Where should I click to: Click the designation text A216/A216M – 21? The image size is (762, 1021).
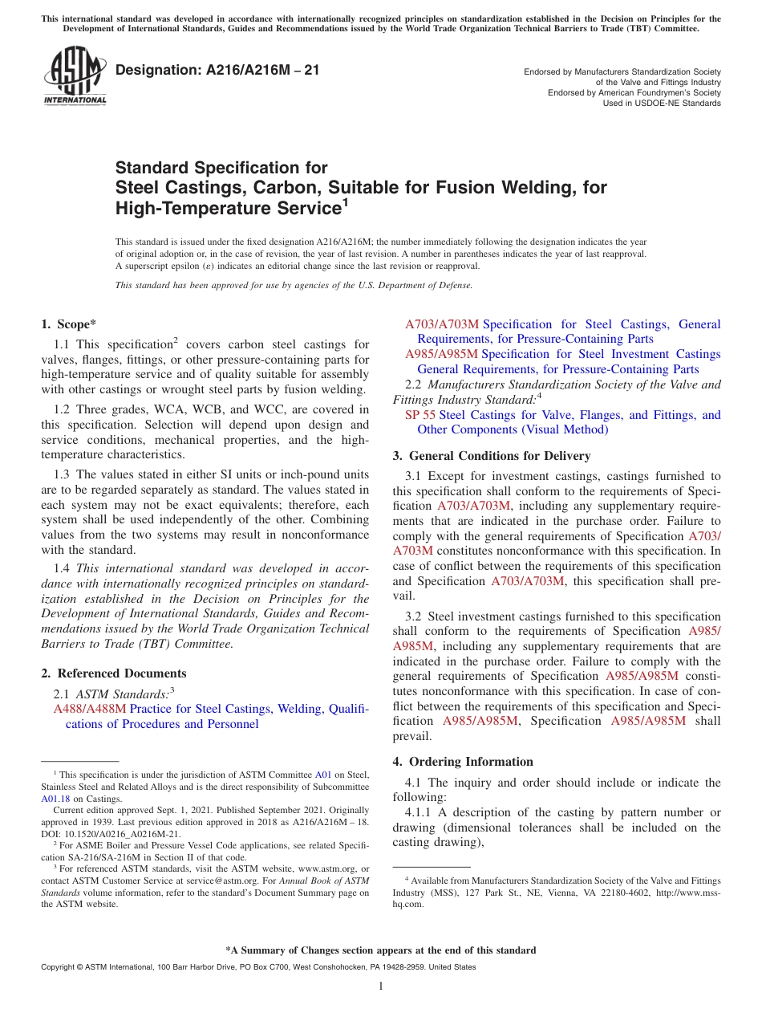(217, 71)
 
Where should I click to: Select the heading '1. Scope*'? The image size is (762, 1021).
(68, 324)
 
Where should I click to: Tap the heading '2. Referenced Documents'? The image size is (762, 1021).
(113, 673)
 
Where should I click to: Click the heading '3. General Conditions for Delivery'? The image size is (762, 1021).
(491, 456)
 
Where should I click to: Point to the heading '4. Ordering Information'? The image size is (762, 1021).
(463, 762)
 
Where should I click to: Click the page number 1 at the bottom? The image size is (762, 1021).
(381, 986)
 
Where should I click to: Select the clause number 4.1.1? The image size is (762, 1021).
(420, 812)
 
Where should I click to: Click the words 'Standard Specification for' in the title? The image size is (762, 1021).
(221, 168)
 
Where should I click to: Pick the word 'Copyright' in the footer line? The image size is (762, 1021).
(59, 967)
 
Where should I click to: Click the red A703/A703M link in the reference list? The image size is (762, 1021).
(441, 324)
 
